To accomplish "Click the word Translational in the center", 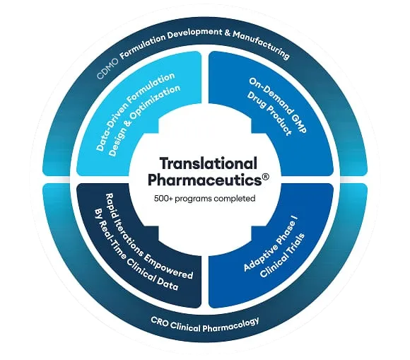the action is click(x=208, y=163).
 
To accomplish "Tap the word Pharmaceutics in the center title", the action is click(x=205, y=180).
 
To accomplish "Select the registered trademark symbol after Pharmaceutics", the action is click(x=265, y=177).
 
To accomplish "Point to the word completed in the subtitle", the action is click(x=235, y=199).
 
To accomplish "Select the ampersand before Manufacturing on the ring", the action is click(x=226, y=33).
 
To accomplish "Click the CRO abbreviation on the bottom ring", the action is click(x=159, y=322).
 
